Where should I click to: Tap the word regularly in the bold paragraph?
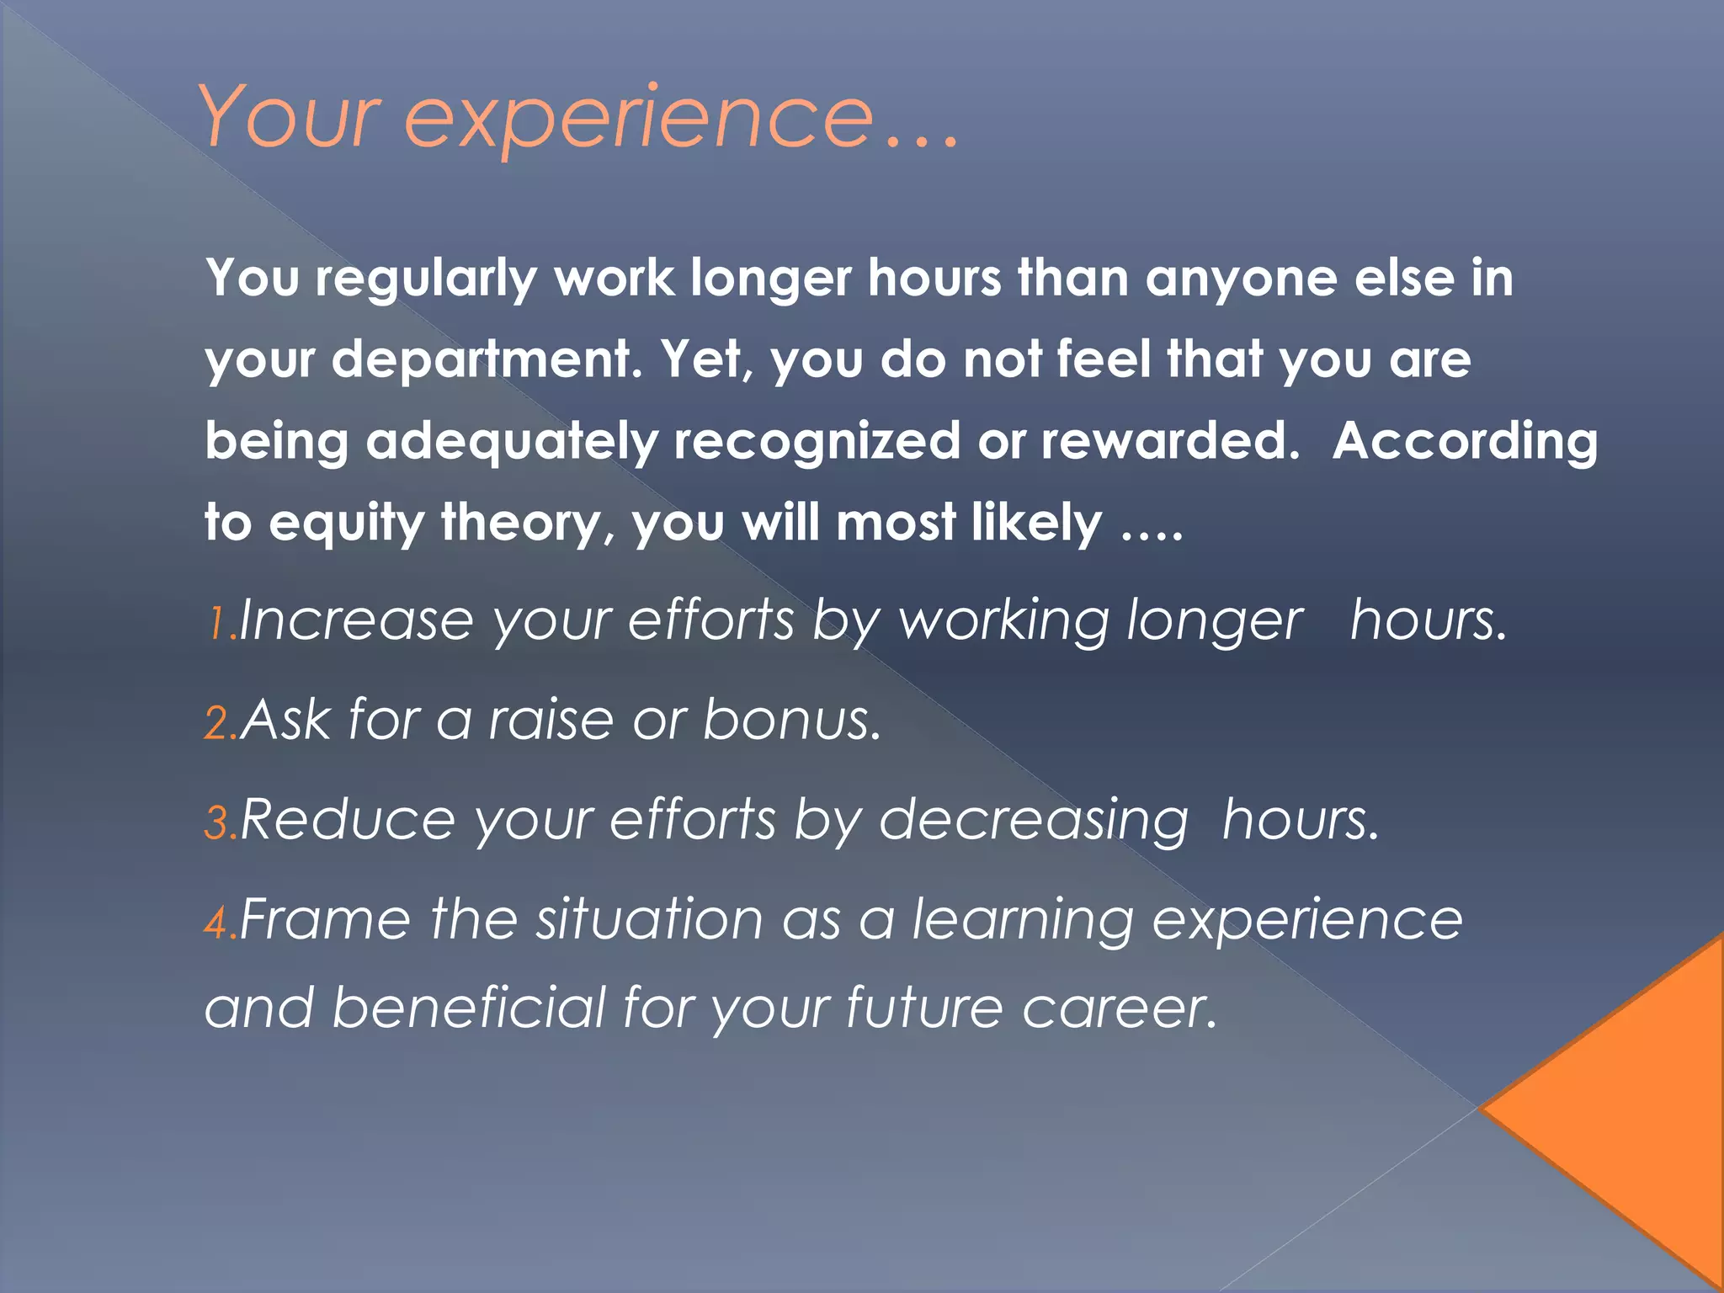426,279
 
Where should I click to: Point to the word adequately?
511,442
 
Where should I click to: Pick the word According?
1465,442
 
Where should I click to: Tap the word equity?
347,524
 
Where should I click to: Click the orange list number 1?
217,625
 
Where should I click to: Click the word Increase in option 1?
356,621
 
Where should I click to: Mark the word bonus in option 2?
791,721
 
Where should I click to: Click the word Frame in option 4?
326,919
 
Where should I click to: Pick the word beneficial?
469,1008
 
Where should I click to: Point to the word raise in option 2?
551,721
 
